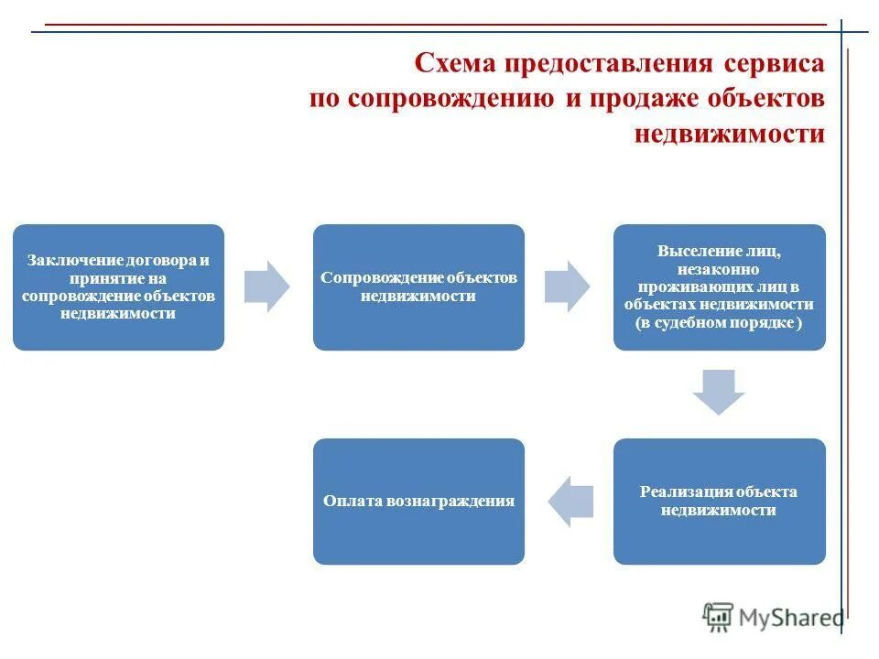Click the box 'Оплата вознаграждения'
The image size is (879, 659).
[418, 502]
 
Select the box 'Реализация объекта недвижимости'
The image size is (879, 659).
[719, 502]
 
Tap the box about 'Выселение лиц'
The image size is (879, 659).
[719, 287]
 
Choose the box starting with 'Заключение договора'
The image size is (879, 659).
[118, 287]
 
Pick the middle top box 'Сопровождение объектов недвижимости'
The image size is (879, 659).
[418, 287]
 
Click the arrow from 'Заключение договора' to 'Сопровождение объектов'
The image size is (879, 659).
[267, 286]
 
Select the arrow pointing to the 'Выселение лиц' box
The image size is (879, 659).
[568, 286]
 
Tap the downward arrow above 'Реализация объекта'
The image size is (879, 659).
[719, 392]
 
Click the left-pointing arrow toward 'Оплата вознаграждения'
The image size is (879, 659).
[570, 502]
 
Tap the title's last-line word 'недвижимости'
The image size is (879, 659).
[729, 134]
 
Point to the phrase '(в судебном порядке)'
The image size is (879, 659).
[719, 324]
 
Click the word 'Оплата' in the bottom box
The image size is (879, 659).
[353, 502]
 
